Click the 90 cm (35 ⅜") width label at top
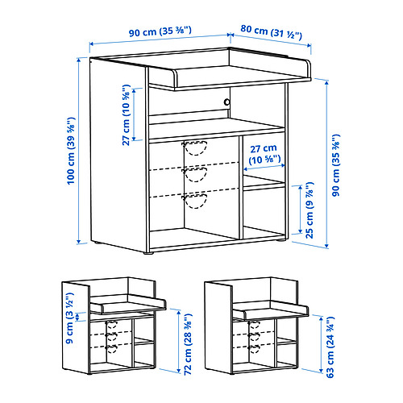[160, 31]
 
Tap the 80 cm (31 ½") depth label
[271, 32]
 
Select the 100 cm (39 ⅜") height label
[71, 151]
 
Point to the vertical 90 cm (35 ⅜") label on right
[336, 165]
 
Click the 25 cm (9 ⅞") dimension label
[310, 210]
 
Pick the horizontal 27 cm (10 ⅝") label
[264, 154]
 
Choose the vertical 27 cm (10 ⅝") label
[126, 115]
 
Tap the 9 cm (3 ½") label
[69, 318]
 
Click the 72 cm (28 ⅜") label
[188, 344]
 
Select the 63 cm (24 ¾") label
[330, 347]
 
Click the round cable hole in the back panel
[227, 102]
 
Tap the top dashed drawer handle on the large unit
[195, 148]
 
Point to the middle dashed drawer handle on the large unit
[195, 174]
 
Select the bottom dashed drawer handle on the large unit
[195, 201]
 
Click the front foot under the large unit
[148, 253]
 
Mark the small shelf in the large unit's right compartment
[264, 184]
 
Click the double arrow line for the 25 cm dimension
[300, 210]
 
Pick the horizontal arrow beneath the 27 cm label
[264, 168]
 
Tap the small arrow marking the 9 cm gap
[77, 317]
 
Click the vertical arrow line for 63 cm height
[321, 344]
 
